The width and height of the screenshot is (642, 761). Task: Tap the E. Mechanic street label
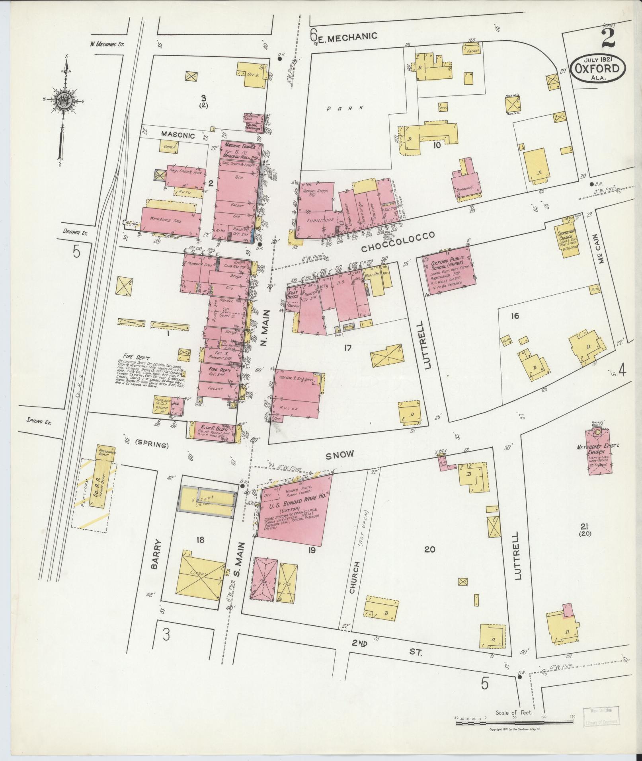click(x=346, y=37)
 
